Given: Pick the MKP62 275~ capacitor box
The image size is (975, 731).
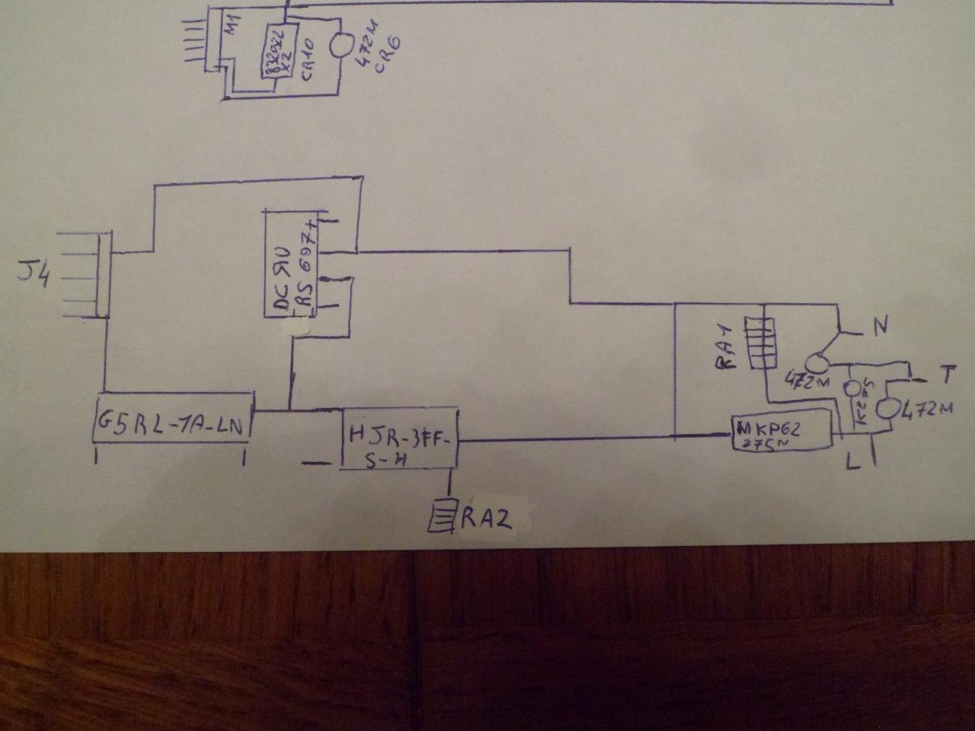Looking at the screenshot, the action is [782, 433].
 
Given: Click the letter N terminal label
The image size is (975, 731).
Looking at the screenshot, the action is [879, 327].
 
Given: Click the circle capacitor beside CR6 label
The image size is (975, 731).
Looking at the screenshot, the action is [341, 43].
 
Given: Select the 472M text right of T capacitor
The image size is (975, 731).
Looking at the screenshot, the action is [926, 411].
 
